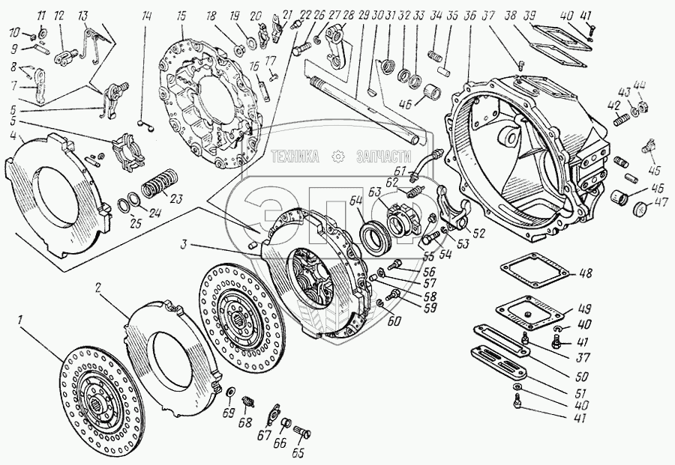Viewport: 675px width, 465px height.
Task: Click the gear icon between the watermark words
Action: (x=337, y=156)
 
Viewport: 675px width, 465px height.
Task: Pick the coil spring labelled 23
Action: (x=160, y=183)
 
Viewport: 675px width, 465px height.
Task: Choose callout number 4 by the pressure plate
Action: (x=13, y=136)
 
